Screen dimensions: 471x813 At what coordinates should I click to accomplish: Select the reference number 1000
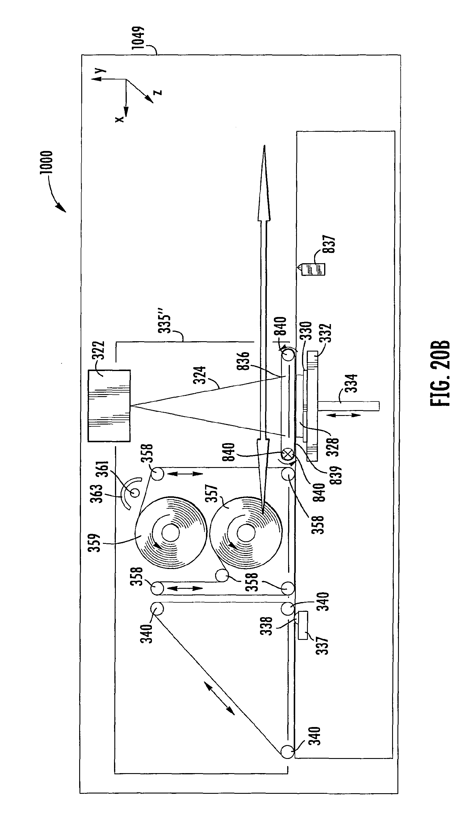(46, 162)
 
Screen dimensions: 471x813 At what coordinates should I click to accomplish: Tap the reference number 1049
(138, 38)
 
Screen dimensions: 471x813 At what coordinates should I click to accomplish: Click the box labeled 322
(109, 406)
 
